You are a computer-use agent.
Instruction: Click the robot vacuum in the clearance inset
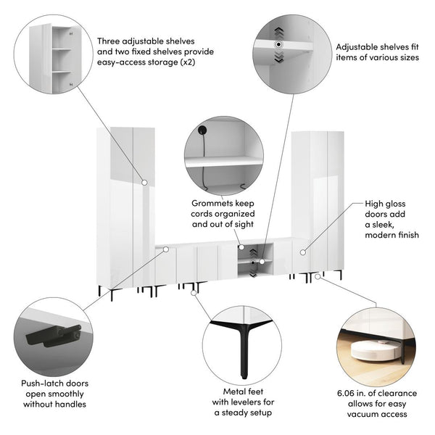tap(373, 350)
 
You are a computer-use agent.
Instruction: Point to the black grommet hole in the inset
tap(202, 130)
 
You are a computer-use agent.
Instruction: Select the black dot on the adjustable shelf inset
tap(278, 44)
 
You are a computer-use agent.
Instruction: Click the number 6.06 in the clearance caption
tap(347, 393)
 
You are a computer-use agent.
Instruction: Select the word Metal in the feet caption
tap(234, 391)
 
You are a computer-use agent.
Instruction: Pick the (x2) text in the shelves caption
tap(188, 62)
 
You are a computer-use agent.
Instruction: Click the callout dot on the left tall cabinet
tap(144, 183)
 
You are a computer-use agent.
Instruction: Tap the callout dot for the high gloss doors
tap(303, 252)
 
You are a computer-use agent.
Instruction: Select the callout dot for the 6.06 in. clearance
tap(318, 277)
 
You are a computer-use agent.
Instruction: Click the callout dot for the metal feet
tap(194, 293)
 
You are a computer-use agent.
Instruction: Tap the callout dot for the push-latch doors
tap(166, 249)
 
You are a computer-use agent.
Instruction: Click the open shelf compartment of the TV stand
tap(255, 260)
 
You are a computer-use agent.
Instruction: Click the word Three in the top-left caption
tap(109, 41)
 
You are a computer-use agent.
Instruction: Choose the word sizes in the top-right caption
tap(408, 57)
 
